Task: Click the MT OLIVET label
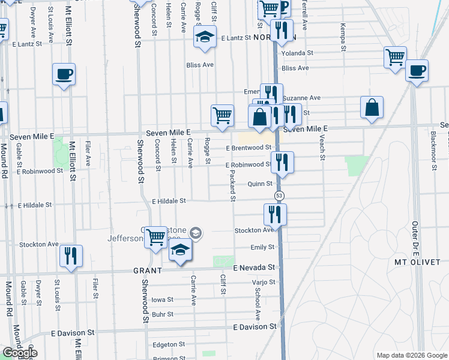pyautogui.click(x=417, y=262)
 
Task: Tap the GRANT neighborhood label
pyautogui.click(x=148, y=271)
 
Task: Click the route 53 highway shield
pyautogui.click(x=279, y=196)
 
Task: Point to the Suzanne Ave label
pyautogui.click(x=301, y=98)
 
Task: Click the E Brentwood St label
pyautogui.click(x=249, y=148)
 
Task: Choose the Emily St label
pyautogui.click(x=262, y=247)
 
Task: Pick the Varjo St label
pyautogui.click(x=264, y=282)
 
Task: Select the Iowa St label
pyautogui.click(x=162, y=299)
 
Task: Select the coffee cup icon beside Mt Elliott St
pyautogui.click(x=64, y=74)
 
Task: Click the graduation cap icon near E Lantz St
pyautogui.click(x=205, y=37)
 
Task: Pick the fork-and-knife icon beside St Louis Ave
pyautogui.click(x=71, y=256)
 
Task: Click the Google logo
pyautogui.click(x=20, y=353)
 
